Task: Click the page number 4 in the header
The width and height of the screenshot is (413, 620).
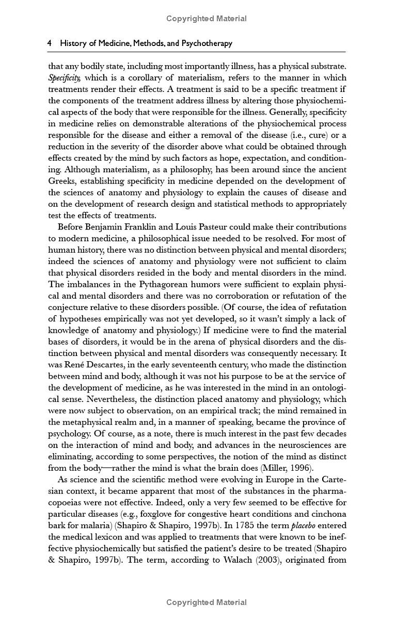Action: click(49, 43)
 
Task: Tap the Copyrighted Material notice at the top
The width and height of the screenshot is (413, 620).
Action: click(206, 19)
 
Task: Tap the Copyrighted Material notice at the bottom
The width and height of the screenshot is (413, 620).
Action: click(206, 602)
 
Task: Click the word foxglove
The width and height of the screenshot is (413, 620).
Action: click(155, 514)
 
